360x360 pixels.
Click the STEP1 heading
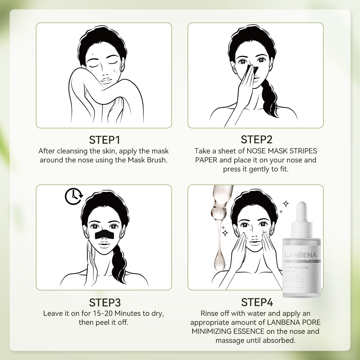[x=104, y=140]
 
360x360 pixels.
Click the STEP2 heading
[x=256, y=140]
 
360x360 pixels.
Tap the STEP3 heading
[x=104, y=302]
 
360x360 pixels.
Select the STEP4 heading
[x=257, y=302]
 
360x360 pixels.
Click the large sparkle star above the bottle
[x=286, y=204]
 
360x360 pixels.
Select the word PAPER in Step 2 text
[x=206, y=160]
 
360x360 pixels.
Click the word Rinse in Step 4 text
[x=209, y=313]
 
